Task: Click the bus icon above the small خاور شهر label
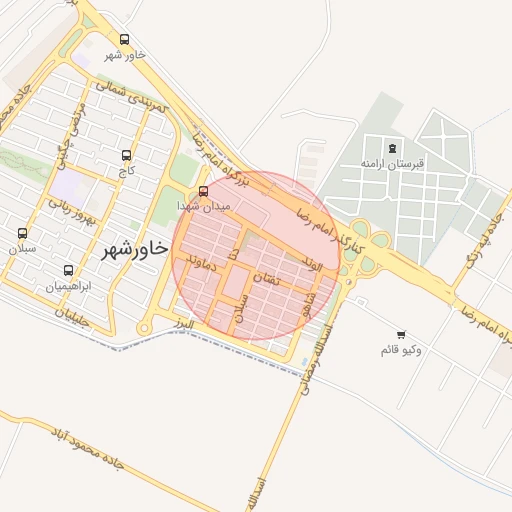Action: coord(124,40)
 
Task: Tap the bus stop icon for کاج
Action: coord(126,156)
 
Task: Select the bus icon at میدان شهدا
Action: coord(204,191)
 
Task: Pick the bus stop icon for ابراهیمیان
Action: coord(68,270)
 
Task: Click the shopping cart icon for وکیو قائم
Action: coord(401,335)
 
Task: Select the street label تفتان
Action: coord(269,281)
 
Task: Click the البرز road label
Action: coord(180,326)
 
